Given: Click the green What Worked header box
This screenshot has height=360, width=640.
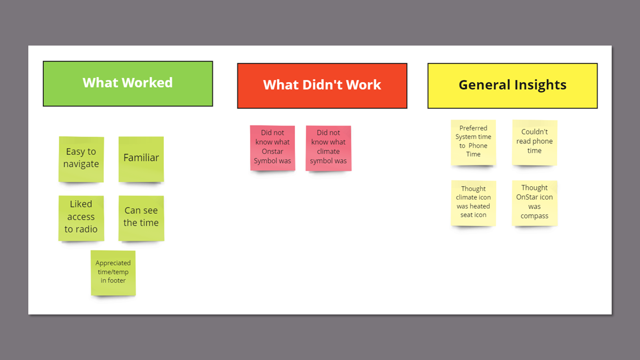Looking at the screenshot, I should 128,83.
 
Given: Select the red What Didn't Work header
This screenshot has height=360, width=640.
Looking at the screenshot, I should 322,86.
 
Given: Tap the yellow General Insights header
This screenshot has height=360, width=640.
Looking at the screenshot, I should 512,86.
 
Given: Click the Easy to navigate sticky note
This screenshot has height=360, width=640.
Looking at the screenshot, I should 81,159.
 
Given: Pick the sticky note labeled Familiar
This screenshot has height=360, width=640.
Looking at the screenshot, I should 141,159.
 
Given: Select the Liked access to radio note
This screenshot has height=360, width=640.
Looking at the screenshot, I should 81,218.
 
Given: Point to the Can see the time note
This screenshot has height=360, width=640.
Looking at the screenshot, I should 141,218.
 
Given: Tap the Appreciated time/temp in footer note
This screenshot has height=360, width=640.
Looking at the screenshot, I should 113,273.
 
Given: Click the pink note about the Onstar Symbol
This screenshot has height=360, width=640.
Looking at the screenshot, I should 272,148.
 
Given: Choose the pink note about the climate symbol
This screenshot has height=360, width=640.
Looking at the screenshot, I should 328,148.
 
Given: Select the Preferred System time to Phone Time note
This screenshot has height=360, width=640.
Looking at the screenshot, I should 473,142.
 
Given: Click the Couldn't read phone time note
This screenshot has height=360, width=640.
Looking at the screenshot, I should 534,142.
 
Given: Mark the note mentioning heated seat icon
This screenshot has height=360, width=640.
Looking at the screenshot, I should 473,203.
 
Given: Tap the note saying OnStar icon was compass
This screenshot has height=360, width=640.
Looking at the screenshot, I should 534,203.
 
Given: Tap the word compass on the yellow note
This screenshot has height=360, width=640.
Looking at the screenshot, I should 534,216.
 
